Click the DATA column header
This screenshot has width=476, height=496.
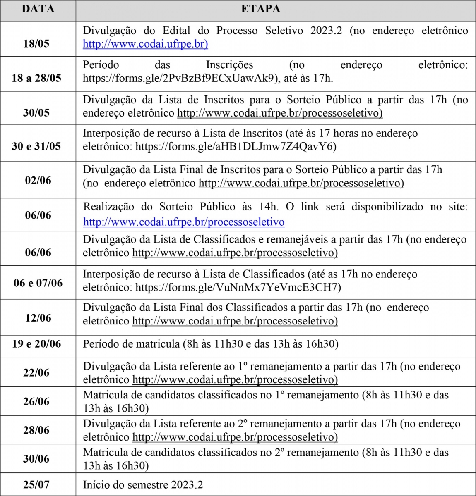(x=38, y=9)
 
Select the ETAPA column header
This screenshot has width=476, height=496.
(x=260, y=9)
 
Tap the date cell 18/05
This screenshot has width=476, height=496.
(x=36, y=43)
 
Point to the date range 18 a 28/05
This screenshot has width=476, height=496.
(x=36, y=78)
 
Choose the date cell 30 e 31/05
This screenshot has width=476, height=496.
(x=36, y=146)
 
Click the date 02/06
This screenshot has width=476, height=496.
(x=38, y=180)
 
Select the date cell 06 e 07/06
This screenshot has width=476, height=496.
(x=38, y=283)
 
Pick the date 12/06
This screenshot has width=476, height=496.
(x=38, y=317)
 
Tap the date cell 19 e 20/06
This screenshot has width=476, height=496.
(x=36, y=343)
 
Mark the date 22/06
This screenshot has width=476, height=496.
(x=36, y=372)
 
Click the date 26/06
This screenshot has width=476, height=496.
(x=36, y=401)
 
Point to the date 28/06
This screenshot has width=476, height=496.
(x=36, y=430)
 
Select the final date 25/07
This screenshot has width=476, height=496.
(x=36, y=484)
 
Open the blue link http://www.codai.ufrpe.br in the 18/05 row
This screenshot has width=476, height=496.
(x=145, y=44)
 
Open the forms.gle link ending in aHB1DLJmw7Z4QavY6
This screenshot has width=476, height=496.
(x=236, y=146)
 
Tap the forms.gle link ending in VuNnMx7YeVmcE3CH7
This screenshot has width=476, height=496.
(x=238, y=287)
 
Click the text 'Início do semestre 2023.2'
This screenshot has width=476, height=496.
(x=143, y=484)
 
